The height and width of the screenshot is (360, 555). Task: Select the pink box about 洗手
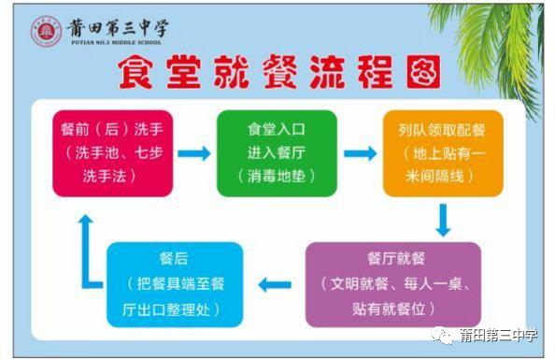tap(100, 152)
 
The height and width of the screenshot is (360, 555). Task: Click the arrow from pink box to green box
tap(193, 153)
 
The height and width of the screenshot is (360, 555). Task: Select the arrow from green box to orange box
tap(359, 153)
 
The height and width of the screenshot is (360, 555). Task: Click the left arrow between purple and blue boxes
tap(275, 284)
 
